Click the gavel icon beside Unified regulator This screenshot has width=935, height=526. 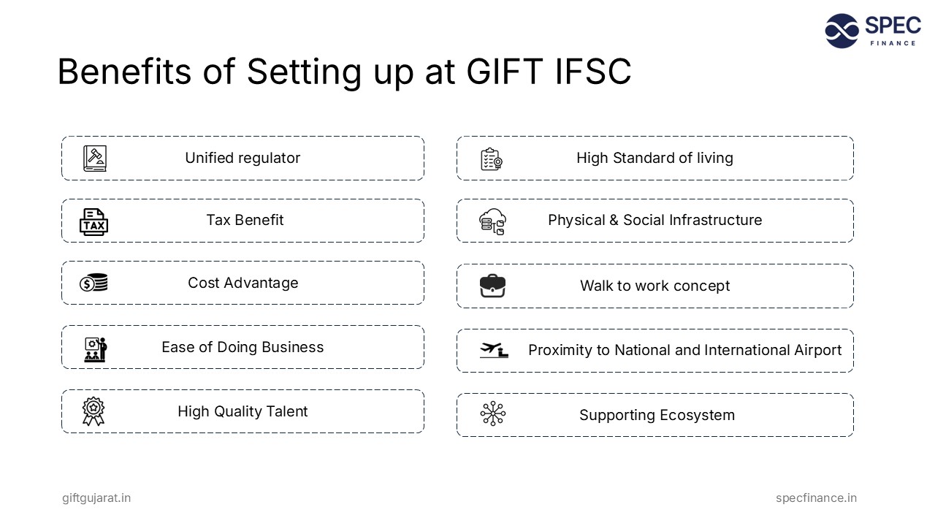95,159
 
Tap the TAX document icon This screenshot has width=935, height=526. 94,221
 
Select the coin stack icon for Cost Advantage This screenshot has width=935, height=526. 93,283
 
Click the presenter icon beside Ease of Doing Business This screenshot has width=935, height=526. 96,350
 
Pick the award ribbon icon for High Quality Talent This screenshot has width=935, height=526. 93,411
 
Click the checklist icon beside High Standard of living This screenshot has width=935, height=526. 492,159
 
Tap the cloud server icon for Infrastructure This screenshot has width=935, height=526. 492,221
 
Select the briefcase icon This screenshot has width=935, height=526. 492,286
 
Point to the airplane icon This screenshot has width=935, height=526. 494,350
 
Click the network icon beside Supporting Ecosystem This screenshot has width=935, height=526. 493,413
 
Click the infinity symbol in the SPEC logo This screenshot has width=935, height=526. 842,31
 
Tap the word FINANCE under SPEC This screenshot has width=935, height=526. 893,43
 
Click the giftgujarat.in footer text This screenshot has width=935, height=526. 96,498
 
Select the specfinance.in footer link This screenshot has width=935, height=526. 816,498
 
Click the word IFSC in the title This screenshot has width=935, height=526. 592,72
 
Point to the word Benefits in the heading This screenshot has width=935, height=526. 124,72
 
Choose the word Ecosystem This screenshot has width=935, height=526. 697,416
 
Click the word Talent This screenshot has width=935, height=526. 286,411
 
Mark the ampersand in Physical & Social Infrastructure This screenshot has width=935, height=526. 614,220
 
